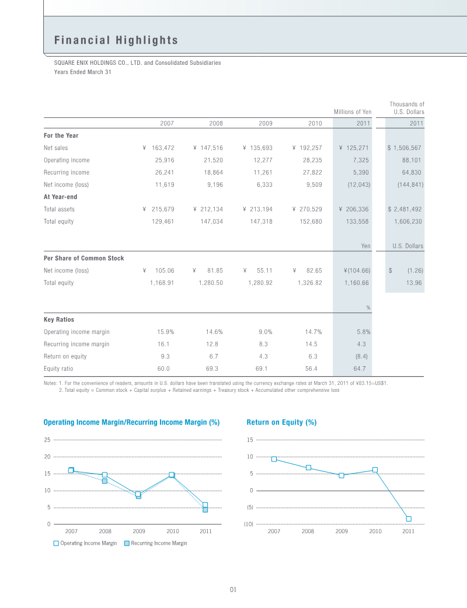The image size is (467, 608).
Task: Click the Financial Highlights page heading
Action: coord(116,40)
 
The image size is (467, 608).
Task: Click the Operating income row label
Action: coord(67,160)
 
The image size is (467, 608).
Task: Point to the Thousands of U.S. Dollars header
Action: coord(407,108)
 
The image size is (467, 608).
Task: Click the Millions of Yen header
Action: coord(353,112)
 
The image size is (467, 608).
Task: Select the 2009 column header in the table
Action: coord(266,123)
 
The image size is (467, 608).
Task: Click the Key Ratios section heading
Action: coord(59,319)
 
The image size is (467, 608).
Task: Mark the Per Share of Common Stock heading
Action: coord(83,258)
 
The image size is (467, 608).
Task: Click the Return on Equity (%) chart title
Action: coord(281,422)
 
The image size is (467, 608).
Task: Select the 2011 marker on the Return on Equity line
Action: coord(409,519)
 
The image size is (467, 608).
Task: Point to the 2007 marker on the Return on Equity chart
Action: coord(274,459)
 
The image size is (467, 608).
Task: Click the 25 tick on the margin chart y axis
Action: coord(47,439)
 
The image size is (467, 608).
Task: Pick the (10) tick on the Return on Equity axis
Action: coord(249,524)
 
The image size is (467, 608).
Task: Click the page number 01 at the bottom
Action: coord(232,590)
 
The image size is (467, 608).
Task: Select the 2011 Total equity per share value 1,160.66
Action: coord(357,283)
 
